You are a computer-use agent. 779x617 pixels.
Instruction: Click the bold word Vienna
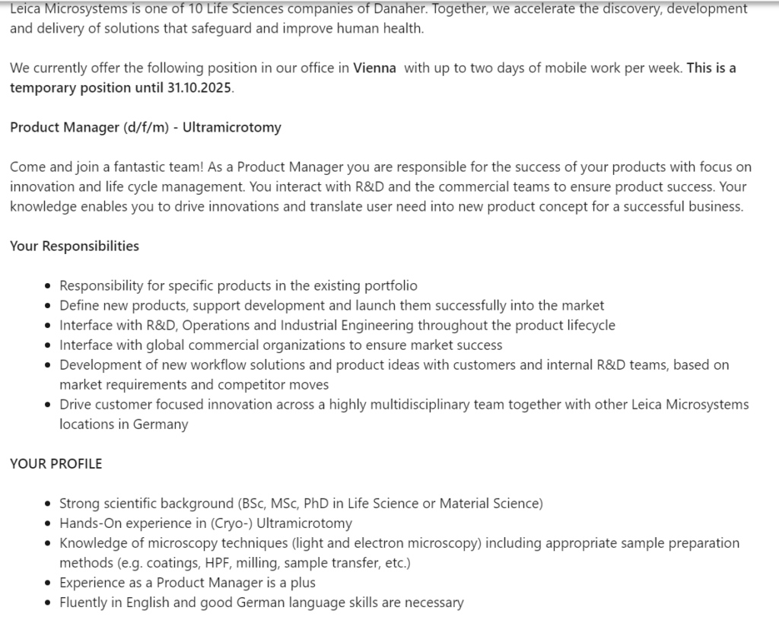coord(374,68)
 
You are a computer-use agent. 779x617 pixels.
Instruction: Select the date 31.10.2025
coord(199,87)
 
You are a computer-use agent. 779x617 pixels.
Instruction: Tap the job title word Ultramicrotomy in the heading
coord(232,127)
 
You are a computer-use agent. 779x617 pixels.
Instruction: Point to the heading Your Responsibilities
coord(75,246)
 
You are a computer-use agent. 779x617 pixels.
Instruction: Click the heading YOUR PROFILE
coord(56,463)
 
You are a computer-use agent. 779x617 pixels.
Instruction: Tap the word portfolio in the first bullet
coord(390,285)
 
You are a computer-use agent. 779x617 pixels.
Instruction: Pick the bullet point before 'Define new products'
coord(49,306)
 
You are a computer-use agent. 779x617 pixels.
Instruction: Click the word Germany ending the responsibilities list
coord(161,424)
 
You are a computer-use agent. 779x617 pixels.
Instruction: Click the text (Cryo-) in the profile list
coord(231,523)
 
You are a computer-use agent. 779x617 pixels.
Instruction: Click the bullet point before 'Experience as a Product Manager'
coord(49,583)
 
